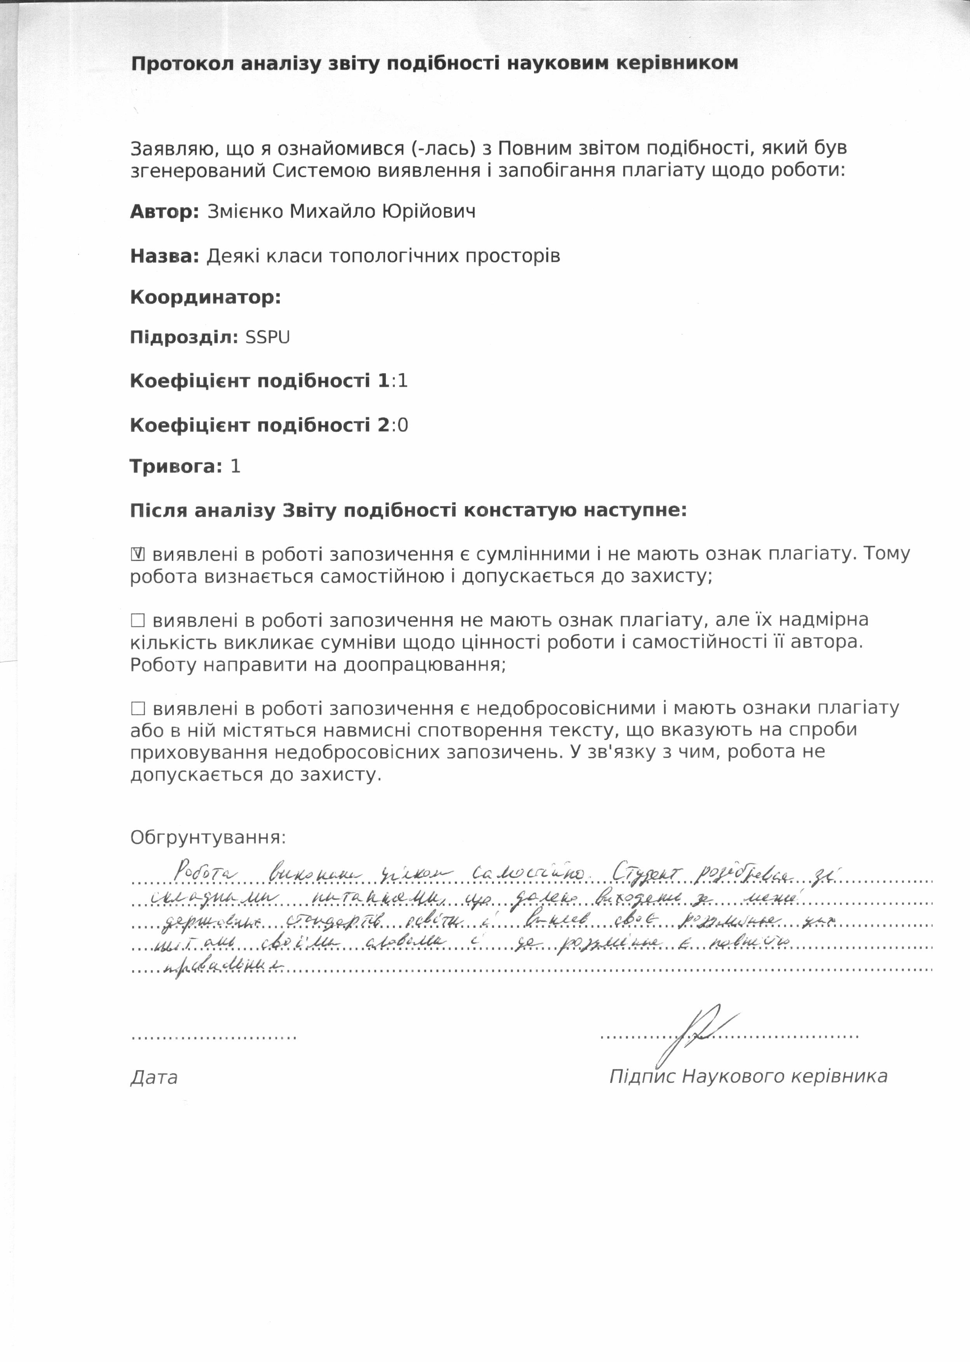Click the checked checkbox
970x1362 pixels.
pos(137,554)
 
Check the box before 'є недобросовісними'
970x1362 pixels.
pos(137,709)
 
